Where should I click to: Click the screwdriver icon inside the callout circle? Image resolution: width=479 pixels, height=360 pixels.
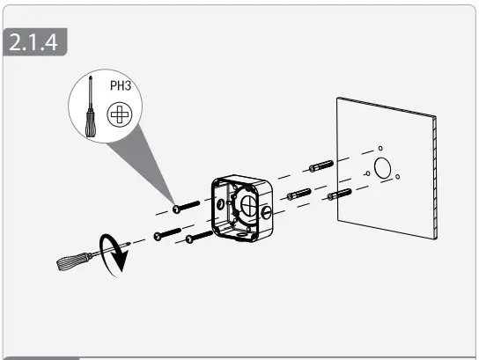click(x=89, y=111)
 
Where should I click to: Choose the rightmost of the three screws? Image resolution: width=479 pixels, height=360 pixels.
click(x=198, y=236)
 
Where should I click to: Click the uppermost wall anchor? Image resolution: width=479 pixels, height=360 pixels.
click(x=320, y=165)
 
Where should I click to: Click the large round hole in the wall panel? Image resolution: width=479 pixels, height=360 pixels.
click(x=383, y=167)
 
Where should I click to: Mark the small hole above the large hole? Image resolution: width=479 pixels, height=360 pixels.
click(x=380, y=147)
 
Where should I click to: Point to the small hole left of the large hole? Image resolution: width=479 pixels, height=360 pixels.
click(x=366, y=174)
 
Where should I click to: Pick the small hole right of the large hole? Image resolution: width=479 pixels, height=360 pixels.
click(x=398, y=178)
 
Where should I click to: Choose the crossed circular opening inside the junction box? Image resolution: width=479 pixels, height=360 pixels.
click(x=247, y=208)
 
